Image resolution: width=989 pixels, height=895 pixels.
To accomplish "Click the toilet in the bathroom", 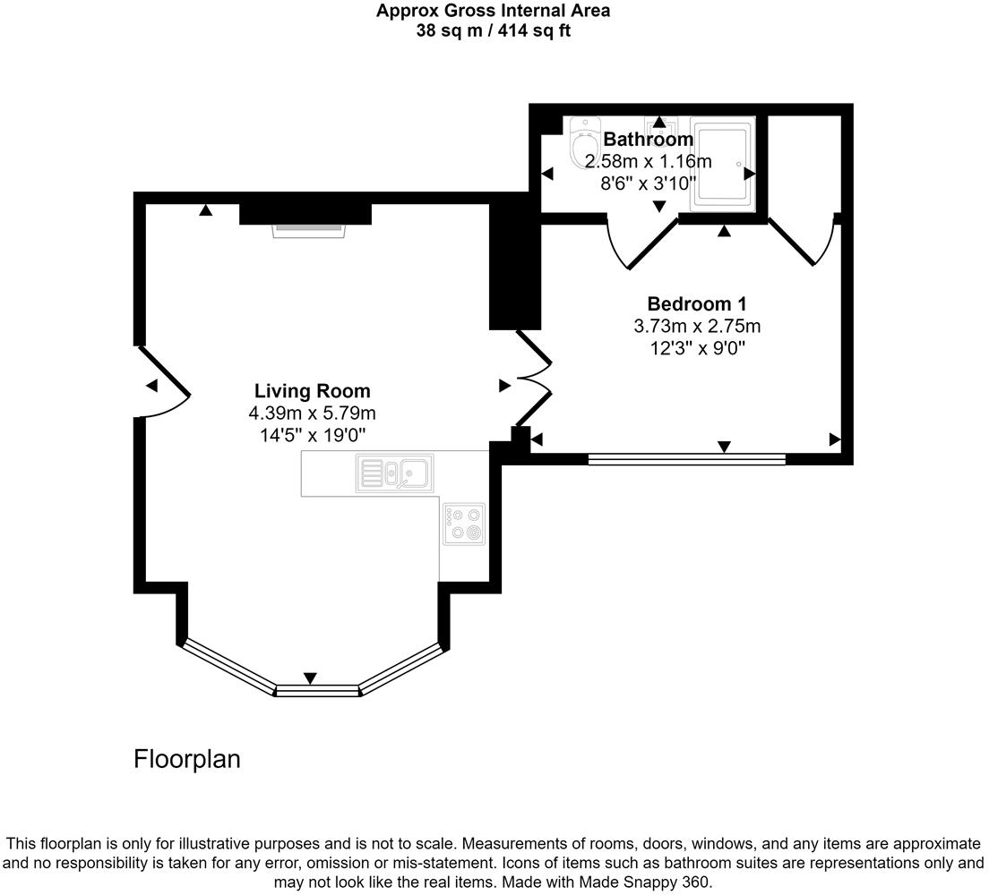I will [584, 143].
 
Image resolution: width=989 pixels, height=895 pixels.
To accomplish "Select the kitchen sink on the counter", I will [394, 472].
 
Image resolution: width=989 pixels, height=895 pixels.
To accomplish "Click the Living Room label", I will [312, 391].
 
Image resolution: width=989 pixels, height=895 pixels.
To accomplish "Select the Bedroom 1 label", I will [697, 303].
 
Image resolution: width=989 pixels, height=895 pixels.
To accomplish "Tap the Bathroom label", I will [648, 140].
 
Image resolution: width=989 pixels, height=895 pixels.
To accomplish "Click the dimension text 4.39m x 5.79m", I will [312, 413].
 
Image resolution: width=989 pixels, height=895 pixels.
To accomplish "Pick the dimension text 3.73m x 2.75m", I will [697, 326].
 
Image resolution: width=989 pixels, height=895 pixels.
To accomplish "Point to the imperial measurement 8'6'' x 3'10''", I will [648, 184].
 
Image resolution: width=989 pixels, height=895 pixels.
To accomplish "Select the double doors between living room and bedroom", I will [533, 379].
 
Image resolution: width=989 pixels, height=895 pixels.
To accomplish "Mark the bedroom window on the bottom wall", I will [686, 460].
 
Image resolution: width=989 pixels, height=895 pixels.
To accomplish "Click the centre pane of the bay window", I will [316, 690].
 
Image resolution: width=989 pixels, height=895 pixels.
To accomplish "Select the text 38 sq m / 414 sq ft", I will [493, 31].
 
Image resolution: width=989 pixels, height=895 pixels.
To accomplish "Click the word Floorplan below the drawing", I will [187, 759].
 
